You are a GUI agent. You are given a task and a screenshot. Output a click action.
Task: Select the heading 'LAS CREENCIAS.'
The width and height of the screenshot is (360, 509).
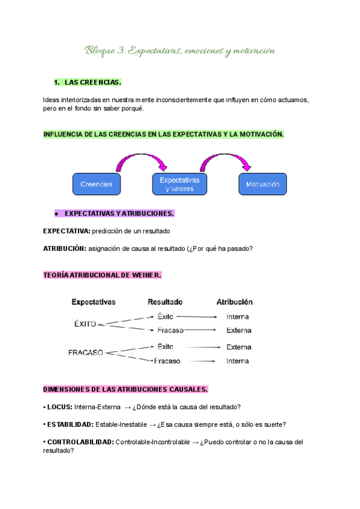pyautogui.click(x=93, y=82)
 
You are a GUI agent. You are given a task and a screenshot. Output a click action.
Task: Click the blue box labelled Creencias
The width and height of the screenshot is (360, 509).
pyautogui.click(x=97, y=184)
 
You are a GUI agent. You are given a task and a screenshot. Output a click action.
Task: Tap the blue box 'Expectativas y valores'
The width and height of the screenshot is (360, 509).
pyautogui.click(x=180, y=184)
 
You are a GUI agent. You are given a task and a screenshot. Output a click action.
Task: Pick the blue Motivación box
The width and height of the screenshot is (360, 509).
pyautogui.click(x=263, y=184)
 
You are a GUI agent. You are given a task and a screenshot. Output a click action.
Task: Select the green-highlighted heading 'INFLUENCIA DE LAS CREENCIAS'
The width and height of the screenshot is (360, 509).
pyautogui.click(x=163, y=134)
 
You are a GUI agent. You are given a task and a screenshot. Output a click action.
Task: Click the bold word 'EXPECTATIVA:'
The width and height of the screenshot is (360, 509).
pyautogui.click(x=67, y=231)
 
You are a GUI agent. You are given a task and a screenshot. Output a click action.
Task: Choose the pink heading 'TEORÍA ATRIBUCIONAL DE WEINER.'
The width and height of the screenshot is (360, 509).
pyautogui.click(x=102, y=275)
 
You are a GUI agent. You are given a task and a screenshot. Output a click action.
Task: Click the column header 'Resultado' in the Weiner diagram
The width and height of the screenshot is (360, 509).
pyautogui.click(x=165, y=302)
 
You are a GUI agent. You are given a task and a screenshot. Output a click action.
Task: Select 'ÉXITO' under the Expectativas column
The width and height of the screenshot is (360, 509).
pyautogui.click(x=85, y=324)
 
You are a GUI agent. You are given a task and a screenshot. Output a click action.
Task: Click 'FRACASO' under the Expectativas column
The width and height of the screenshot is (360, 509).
pyautogui.click(x=86, y=352)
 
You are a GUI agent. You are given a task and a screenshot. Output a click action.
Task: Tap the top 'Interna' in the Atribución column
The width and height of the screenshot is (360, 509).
pyautogui.click(x=238, y=316)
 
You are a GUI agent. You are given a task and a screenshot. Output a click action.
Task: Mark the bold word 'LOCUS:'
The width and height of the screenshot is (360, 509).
pyautogui.click(x=60, y=407)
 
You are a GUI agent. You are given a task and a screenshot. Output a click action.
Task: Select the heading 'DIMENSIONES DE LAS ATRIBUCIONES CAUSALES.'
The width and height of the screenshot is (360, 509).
pyautogui.click(x=125, y=389)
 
